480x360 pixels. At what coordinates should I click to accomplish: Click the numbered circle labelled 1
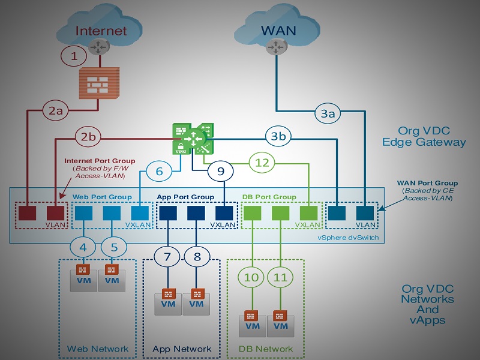pos(74,56)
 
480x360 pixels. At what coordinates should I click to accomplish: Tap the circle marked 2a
pos(56,111)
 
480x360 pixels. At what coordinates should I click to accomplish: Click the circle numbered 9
pos(221,172)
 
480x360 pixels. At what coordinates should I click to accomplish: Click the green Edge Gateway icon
pos(191,139)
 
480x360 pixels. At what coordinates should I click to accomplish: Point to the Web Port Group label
pos(102,196)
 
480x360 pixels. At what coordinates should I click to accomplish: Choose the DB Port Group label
pos(269,196)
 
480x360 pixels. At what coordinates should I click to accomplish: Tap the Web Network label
pos(98,349)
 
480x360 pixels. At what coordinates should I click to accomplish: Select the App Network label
pos(182,349)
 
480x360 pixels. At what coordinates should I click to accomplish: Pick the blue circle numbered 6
pos(159,172)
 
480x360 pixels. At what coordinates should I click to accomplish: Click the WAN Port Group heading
pos(428,182)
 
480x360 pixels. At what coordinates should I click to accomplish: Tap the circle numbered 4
pos(83,245)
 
